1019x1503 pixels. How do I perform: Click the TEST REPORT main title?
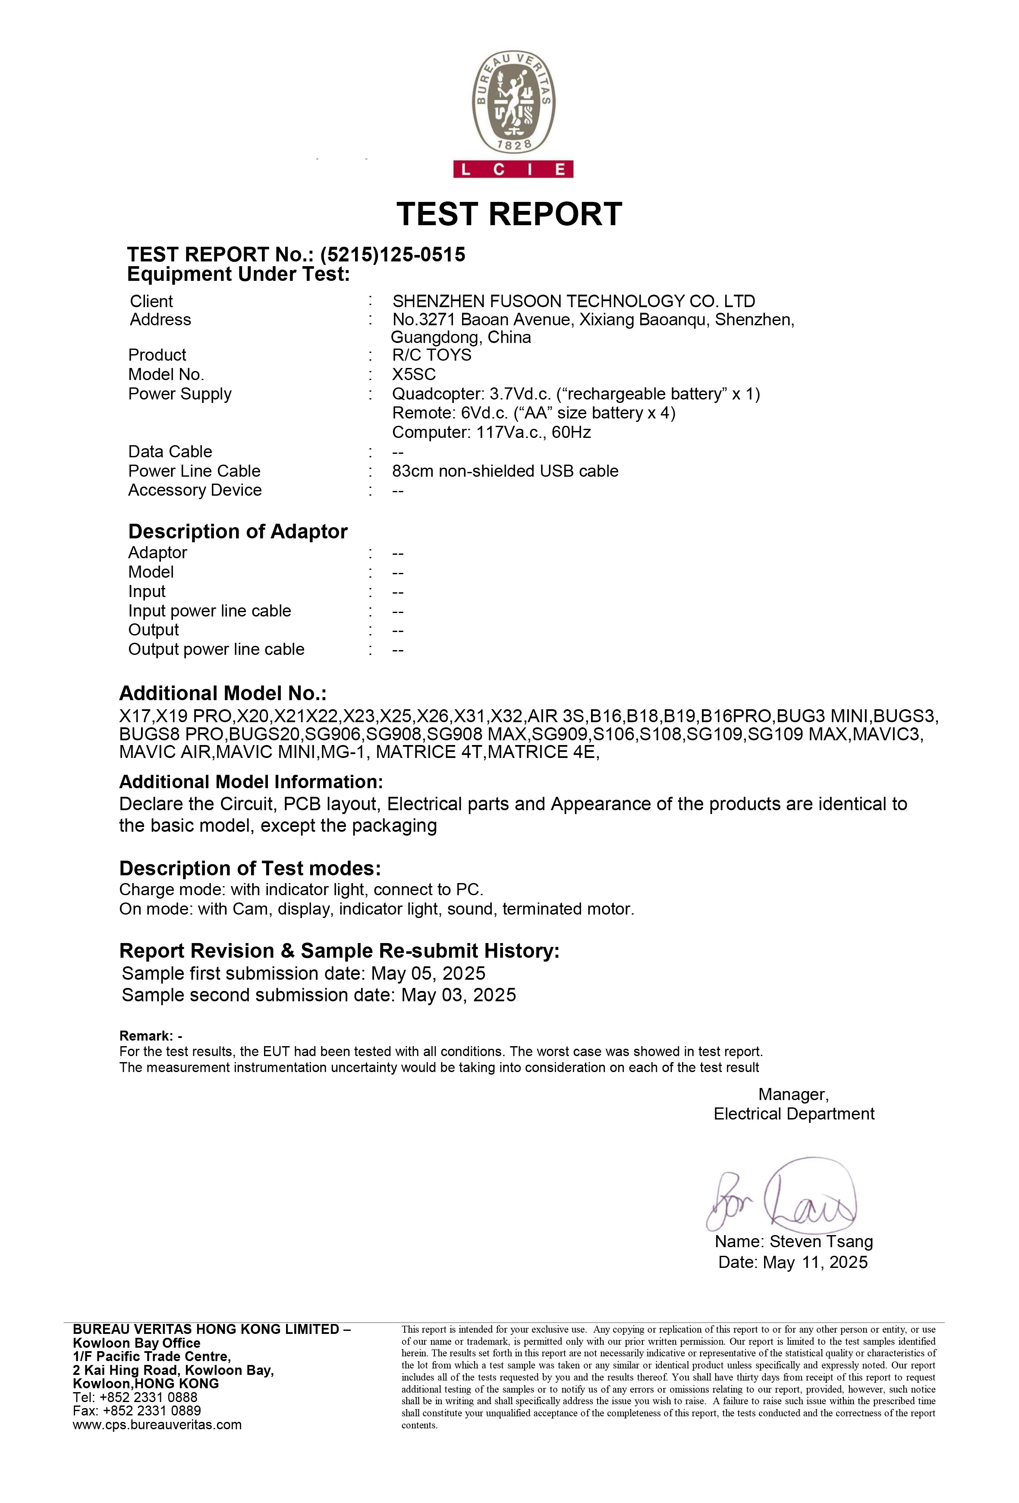tap(509, 214)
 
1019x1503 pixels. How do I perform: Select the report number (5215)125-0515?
tap(393, 254)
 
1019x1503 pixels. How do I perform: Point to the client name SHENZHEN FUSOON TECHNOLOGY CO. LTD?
tap(573, 302)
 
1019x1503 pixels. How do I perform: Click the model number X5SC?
tap(414, 374)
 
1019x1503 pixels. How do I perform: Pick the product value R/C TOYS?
tap(431, 355)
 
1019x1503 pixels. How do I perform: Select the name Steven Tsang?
tap(821, 1242)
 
